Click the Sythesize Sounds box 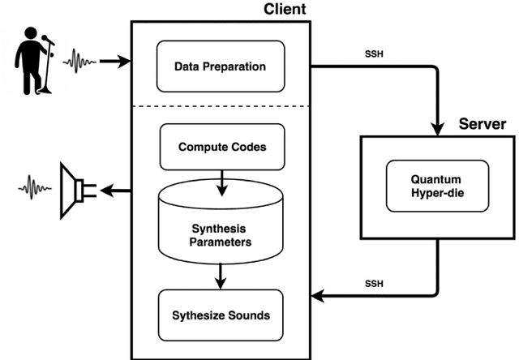(x=221, y=315)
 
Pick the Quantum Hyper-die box (x=439, y=187)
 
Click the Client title (x=285, y=10)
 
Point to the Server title (x=483, y=124)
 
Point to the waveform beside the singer (x=84, y=60)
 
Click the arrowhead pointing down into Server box (x=439, y=128)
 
